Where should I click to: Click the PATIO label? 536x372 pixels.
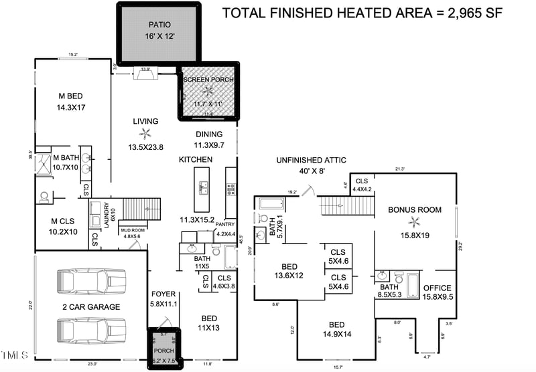click(x=159, y=25)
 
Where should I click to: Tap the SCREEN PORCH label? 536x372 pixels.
click(x=209, y=80)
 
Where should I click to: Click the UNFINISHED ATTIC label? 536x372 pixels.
click(x=312, y=160)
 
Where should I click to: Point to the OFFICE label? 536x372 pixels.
click(x=438, y=288)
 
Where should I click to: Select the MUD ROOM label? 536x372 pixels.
click(x=133, y=230)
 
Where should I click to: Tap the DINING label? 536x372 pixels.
click(x=209, y=134)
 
